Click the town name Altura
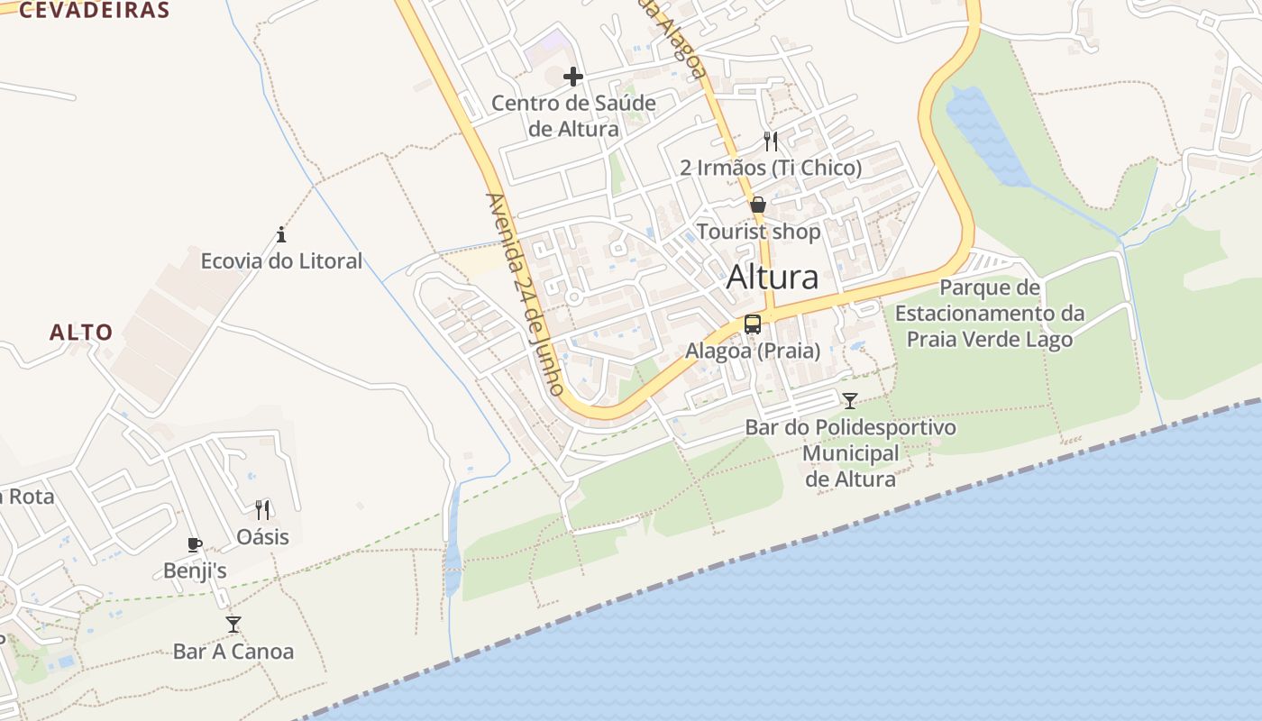pyautogui.click(x=773, y=278)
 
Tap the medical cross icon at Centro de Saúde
pyautogui.click(x=572, y=77)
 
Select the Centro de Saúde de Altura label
pyautogui.click(x=574, y=116)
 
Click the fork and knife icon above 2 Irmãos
pyautogui.click(x=770, y=141)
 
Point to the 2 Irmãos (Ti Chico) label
pyautogui.click(x=771, y=168)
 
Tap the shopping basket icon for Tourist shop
pyautogui.click(x=758, y=205)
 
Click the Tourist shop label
pyautogui.click(x=758, y=232)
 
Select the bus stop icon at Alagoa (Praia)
pyautogui.click(x=753, y=324)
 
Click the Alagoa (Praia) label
pyautogui.click(x=753, y=351)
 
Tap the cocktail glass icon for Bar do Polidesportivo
pyautogui.click(x=850, y=400)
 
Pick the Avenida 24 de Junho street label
pyautogui.click(x=524, y=294)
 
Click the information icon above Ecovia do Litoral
pyautogui.click(x=281, y=235)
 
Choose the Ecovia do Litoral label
pyautogui.click(x=281, y=261)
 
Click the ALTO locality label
pyautogui.click(x=81, y=332)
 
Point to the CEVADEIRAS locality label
pyautogui.click(x=94, y=11)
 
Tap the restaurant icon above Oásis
pyautogui.click(x=262, y=510)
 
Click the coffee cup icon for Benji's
pyautogui.click(x=194, y=544)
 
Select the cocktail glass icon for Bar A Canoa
pyautogui.click(x=233, y=624)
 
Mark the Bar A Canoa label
pyautogui.click(x=233, y=651)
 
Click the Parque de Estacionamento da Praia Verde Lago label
pyautogui.click(x=990, y=314)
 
